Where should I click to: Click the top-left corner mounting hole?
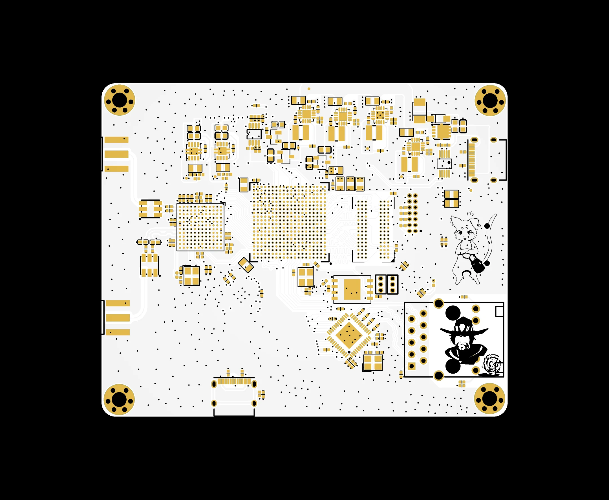120,100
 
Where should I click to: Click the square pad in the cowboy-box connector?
412,366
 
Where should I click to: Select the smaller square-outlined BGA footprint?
200,227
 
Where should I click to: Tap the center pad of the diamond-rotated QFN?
349,335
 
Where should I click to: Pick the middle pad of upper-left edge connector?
116,154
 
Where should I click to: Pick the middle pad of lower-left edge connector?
118,318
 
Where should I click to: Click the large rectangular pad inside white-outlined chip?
352,290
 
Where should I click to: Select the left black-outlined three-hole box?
381,284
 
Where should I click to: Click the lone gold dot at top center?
309,89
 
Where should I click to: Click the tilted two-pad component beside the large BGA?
246,265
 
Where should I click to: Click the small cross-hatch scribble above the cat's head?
470,214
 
